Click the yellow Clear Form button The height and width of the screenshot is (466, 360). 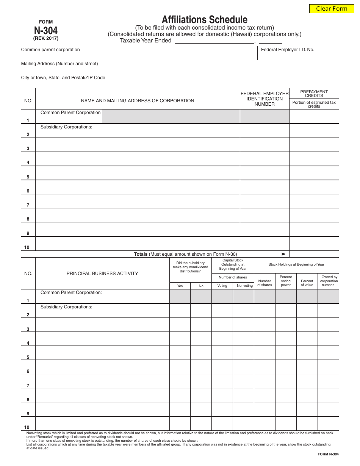tap(331, 9)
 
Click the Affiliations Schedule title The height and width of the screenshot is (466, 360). tap(205, 20)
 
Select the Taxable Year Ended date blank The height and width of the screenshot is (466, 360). tap(214, 41)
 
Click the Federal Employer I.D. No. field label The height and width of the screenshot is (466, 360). tap(287, 50)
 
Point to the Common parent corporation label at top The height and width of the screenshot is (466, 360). tap(50, 50)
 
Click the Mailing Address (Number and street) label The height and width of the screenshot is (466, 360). tap(59, 64)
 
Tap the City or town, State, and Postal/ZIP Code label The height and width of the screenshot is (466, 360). tap(63, 78)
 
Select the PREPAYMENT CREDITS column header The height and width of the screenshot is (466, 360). tap(314, 94)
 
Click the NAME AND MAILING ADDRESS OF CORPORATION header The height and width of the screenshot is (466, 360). tap(138, 101)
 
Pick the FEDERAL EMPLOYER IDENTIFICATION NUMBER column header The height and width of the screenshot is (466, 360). tap(265, 99)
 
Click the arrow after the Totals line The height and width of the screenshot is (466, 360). tap(263, 254)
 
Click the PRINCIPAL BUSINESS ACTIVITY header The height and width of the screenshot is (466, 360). tap(102, 274)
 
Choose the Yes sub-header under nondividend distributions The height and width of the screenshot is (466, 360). tap(180, 286)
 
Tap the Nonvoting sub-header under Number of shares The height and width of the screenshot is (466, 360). tap(244, 286)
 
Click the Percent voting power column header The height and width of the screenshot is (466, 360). tap(286, 281)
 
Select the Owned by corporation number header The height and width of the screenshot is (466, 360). tap(329, 281)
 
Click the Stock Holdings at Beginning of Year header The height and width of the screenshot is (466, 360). tap(296, 264)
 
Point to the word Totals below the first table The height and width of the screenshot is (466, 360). tap(141, 254)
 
